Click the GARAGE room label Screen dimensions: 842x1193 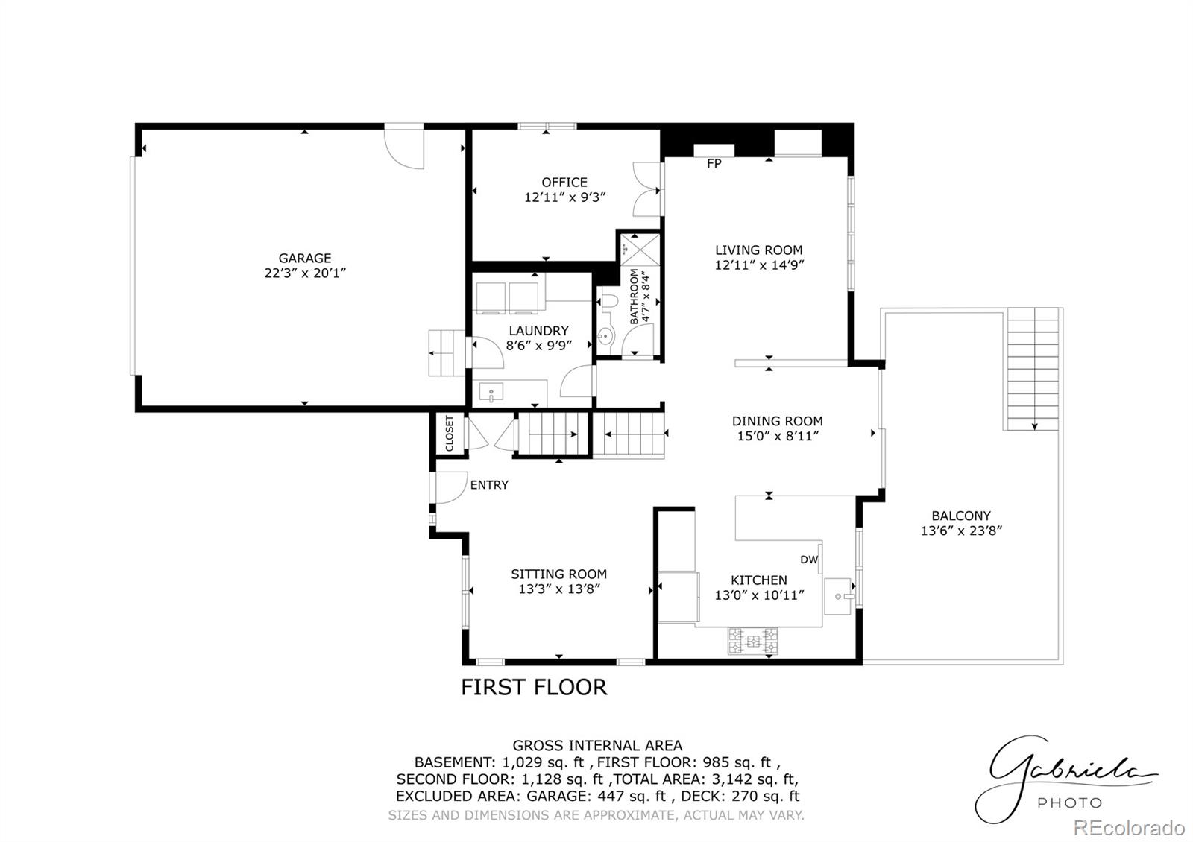coord(304,259)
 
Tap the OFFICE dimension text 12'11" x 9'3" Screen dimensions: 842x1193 coord(564,197)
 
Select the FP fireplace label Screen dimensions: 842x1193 coord(714,164)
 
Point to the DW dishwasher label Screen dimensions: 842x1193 coord(809,560)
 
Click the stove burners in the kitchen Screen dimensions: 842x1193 coord(753,641)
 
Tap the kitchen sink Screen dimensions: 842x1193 coord(840,596)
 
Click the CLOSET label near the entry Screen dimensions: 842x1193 coord(450,433)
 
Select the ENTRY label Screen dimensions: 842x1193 coord(489,485)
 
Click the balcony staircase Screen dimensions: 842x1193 coord(1033,369)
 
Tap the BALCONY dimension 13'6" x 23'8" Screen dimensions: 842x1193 coord(961,531)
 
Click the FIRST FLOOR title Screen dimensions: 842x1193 coord(534,687)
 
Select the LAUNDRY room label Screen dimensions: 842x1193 coord(538,331)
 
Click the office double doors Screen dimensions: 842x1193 coord(646,190)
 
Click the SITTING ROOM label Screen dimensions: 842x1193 coord(558,574)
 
